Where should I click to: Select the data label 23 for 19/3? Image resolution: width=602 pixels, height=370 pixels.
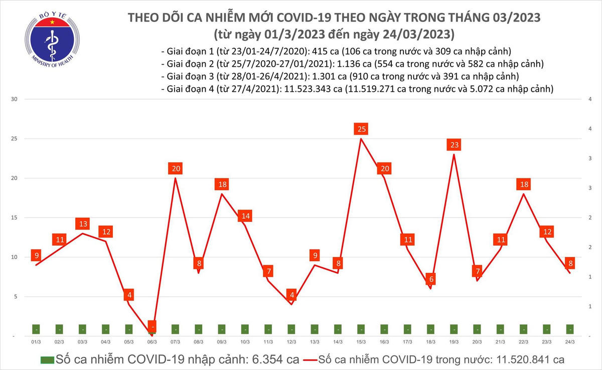[x=454, y=145]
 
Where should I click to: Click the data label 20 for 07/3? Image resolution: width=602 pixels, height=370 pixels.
[x=175, y=169]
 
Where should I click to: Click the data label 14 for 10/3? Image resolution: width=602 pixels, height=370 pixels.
[x=245, y=216]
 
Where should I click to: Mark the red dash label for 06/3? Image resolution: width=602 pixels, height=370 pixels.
[x=152, y=326]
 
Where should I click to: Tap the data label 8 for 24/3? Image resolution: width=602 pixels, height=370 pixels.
[x=570, y=263]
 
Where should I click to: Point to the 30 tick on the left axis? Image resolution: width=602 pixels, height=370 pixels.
[x=15, y=99]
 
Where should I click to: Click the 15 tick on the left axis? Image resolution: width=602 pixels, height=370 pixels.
[x=15, y=218]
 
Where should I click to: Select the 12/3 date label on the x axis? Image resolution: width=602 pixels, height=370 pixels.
[x=291, y=342]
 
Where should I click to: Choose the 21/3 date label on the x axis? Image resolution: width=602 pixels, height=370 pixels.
[x=500, y=342]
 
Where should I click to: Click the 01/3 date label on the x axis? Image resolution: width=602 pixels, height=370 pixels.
[x=36, y=342]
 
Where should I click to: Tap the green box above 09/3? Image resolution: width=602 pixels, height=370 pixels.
[x=222, y=329]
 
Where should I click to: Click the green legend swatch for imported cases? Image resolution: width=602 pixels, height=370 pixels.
[x=48, y=360]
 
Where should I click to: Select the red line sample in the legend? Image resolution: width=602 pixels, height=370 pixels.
[x=316, y=360]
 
